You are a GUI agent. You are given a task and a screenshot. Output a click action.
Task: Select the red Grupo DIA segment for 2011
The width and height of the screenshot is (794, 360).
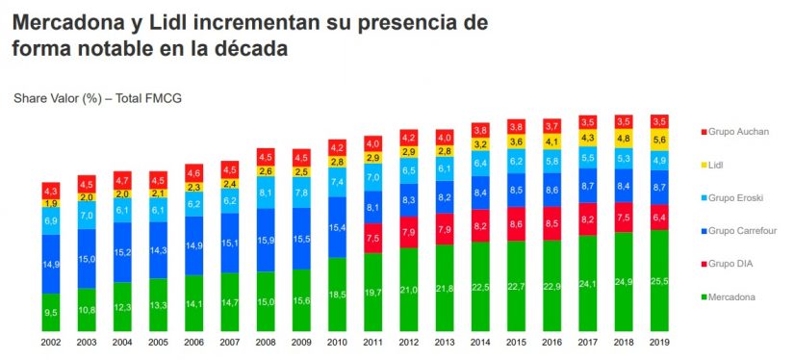(x=373, y=238)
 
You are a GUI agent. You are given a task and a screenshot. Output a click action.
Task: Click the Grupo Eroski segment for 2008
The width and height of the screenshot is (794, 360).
(x=267, y=192)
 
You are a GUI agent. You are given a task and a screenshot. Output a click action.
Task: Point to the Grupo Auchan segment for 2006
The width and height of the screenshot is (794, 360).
(x=195, y=173)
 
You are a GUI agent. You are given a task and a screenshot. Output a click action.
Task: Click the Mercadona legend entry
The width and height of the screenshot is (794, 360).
(x=732, y=297)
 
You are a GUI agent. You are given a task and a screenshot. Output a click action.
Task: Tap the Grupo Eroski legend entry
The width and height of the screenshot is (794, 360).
(x=734, y=197)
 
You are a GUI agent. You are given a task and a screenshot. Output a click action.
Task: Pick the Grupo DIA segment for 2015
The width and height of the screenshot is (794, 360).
(x=517, y=224)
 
